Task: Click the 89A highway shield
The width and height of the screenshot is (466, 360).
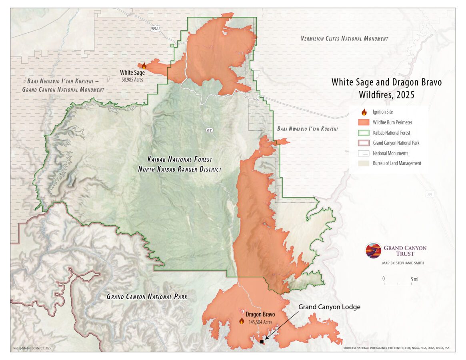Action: (x=156, y=28)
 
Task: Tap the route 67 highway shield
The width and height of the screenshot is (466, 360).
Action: (x=209, y=130)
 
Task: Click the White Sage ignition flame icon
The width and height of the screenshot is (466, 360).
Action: (x=144, y=66)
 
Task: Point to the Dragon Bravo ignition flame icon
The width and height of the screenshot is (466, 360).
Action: (x=242, y=320)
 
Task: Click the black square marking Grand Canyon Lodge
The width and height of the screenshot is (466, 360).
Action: (x=262, y=342)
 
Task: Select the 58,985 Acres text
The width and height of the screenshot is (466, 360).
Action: (x=132, y=80)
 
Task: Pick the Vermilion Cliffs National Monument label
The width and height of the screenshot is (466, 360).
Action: (x=344, y=39)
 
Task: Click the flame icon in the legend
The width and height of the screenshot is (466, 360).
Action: (x=364, y=112)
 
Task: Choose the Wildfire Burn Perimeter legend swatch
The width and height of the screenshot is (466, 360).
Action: (x=364, y=122)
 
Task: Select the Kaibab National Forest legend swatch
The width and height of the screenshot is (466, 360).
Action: (x=364, y=132)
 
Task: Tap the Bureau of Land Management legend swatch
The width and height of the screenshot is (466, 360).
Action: (x=364, y=163)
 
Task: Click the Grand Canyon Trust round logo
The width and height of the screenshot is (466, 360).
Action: (x=373, y=250)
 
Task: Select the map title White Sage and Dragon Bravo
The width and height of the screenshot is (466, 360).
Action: (x=386, y=82)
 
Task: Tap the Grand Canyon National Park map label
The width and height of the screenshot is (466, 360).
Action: (x=147, y=297)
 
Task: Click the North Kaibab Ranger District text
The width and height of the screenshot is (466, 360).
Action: (x=180, y=169)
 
